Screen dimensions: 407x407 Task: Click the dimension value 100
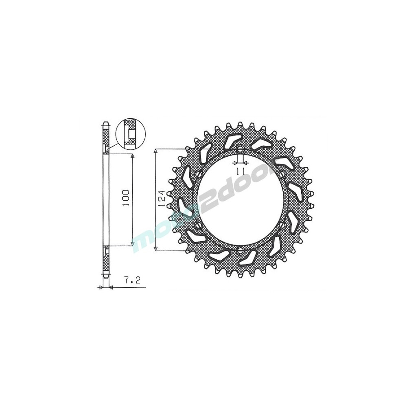coord(126,198)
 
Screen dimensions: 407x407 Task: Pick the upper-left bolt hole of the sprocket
coord(199,173)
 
